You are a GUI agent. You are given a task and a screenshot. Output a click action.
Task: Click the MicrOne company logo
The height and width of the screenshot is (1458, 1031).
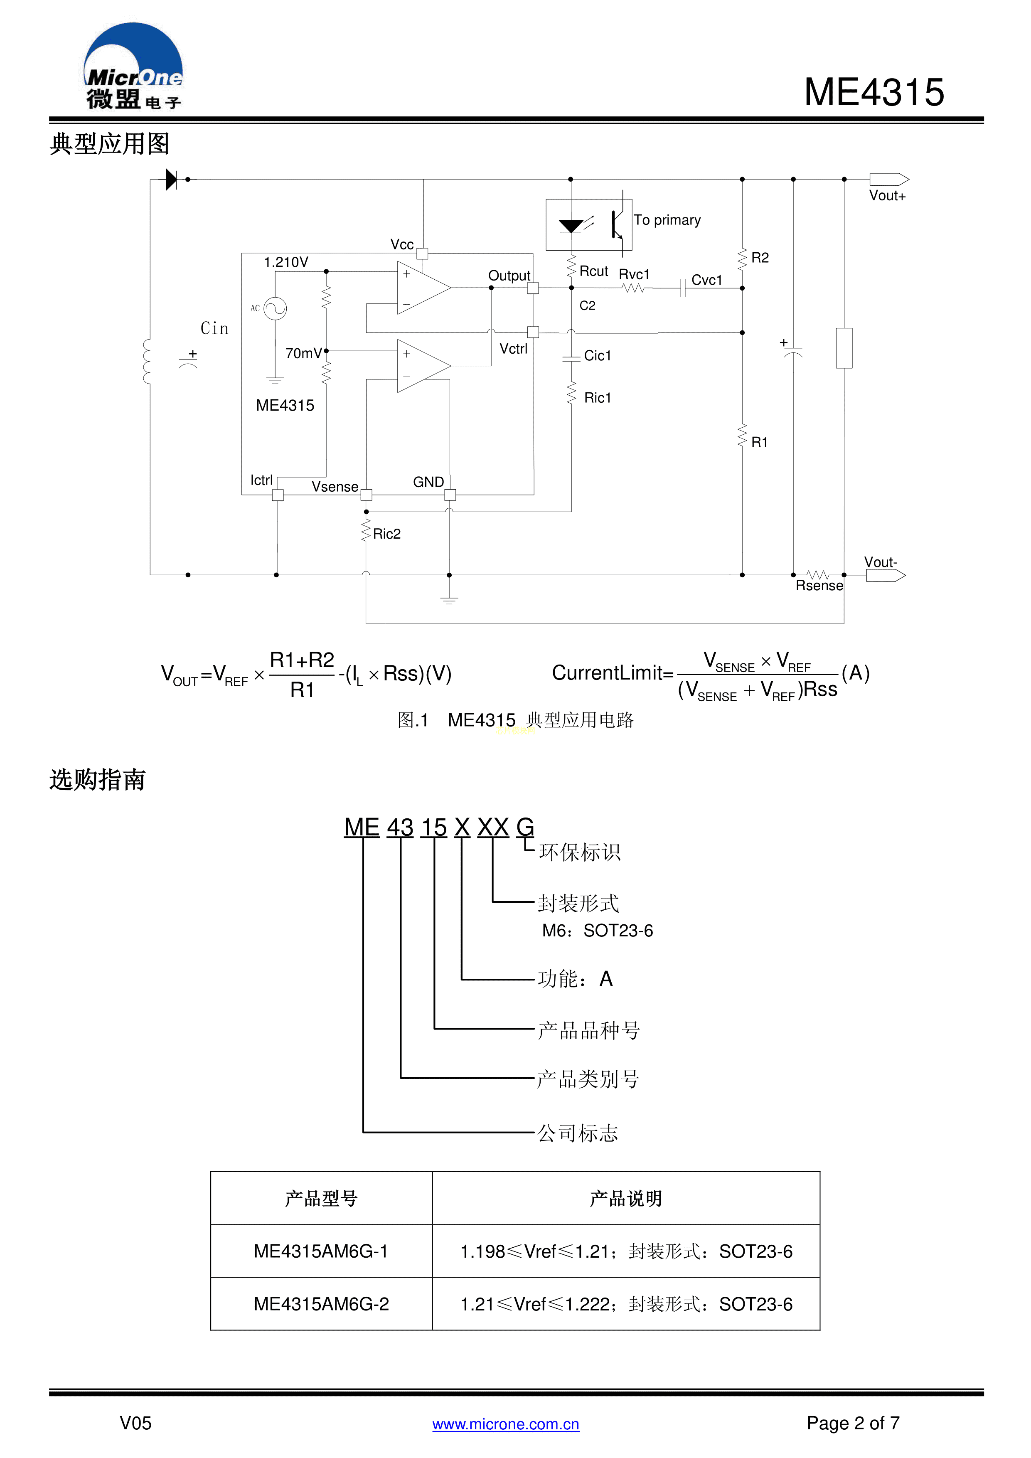coord(133,66)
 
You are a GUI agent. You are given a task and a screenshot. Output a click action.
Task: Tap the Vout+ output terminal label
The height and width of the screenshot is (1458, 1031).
coord(887,196)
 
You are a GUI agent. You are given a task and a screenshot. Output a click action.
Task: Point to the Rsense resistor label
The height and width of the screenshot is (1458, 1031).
coord(819,586)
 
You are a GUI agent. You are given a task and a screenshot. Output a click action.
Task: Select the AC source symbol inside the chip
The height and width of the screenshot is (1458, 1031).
coord(275,309)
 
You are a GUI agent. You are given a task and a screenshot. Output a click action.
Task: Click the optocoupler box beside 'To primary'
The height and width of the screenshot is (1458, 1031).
coord(588,224)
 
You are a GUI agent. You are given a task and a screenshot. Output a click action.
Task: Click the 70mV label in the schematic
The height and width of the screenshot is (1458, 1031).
coord(303,353)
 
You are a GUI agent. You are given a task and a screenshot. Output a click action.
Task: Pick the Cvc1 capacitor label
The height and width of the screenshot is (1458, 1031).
coord(706,280)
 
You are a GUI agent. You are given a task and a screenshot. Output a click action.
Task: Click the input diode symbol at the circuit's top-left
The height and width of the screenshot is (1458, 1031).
coord(171,180)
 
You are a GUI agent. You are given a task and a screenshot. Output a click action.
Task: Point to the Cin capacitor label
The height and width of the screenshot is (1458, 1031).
coord(214,328)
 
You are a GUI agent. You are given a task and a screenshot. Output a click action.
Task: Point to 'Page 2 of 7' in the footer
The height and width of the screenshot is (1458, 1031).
coord(853,1423)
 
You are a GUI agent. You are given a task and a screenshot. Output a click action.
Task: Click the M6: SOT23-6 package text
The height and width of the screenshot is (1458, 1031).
coord(597,931)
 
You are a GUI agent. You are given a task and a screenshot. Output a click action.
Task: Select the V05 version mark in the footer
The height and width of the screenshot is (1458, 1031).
coord(135,1423)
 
